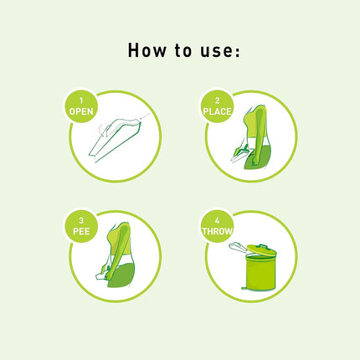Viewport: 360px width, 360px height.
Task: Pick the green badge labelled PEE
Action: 81,225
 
